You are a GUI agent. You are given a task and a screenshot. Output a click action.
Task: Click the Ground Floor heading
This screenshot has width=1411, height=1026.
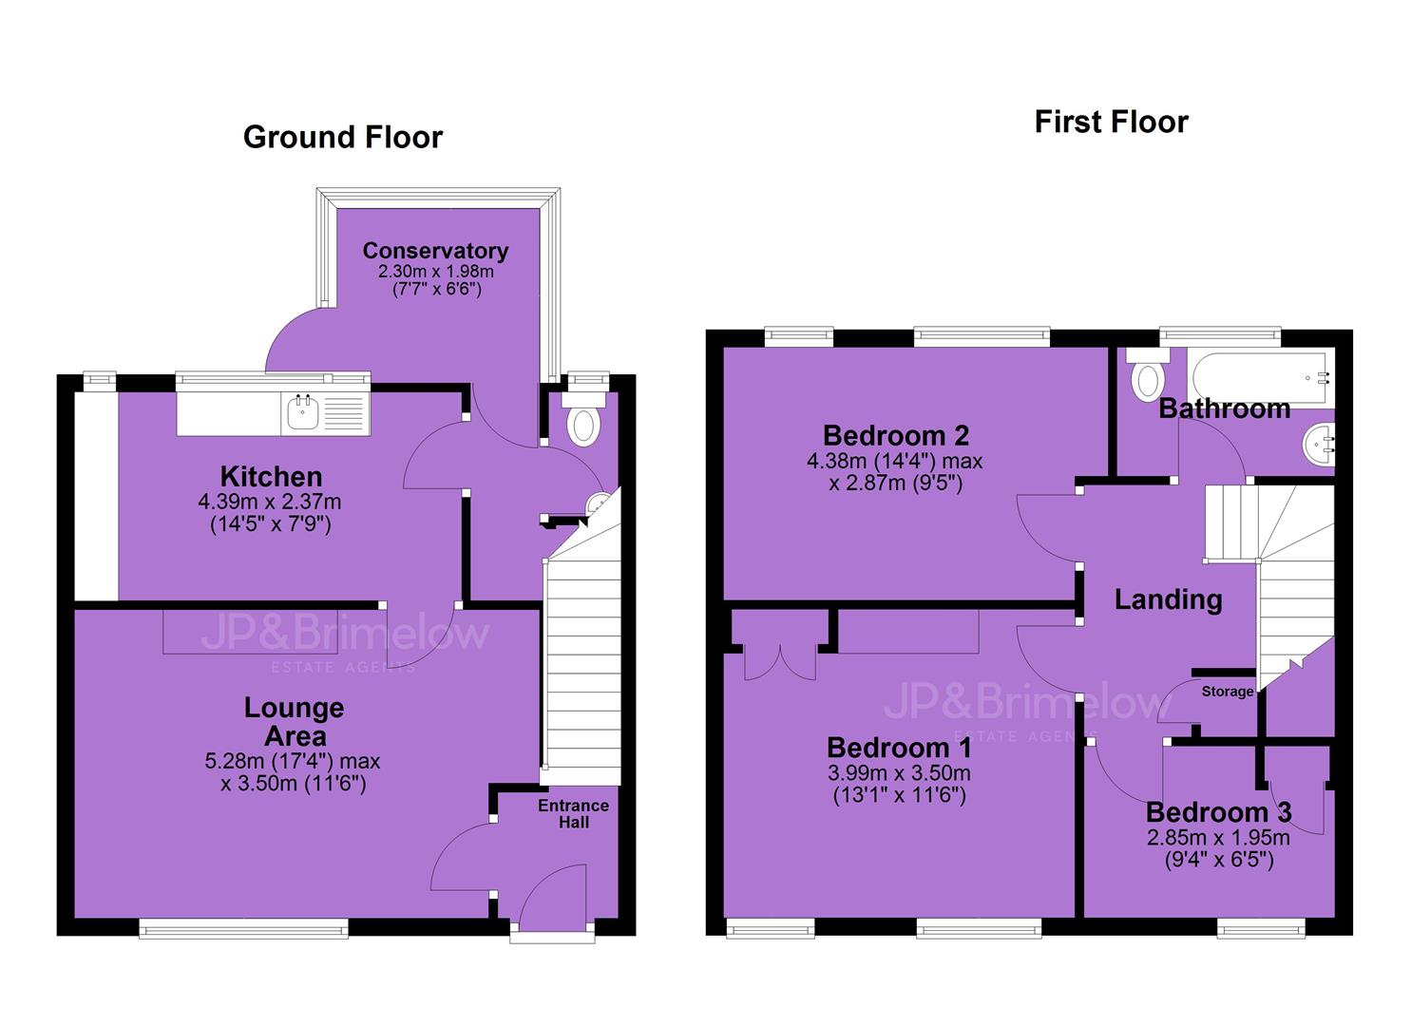[x=343, y=138]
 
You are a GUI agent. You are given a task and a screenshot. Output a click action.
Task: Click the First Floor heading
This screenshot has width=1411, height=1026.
[x=1111, y=122]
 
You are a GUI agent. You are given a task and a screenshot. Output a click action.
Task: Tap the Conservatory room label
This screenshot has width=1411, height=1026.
[x=435, y=251]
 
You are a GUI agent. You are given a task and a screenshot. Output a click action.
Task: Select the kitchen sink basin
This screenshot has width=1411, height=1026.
[x=302, y=412]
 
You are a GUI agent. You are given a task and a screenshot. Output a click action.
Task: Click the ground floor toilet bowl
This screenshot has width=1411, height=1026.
[x=582, y=427]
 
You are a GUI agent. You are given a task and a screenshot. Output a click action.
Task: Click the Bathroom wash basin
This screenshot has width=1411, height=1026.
[x=1318, y=443]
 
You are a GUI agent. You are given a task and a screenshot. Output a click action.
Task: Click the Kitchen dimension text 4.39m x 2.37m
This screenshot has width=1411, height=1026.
[x=270, y=502]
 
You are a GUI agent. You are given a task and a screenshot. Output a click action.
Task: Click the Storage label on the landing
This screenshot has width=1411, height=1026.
[x=1227, y=691]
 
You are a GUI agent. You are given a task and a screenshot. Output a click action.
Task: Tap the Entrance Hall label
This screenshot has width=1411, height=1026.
[x=573, y=814]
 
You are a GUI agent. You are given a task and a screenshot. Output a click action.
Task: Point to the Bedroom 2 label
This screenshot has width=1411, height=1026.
[x=896, y=435]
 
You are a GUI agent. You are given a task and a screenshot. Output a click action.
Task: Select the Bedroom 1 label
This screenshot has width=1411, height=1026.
[x=899, y=748]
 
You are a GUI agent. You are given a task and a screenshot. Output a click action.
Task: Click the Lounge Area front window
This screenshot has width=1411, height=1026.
[x=243, y=928]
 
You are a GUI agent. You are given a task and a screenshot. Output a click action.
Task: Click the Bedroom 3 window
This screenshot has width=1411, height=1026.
[x=1261, y=928]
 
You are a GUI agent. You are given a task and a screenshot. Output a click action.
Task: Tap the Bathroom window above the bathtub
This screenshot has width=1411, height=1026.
[x=1220, y=336]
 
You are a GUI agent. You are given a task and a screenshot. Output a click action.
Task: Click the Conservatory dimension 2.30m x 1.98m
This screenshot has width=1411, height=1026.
[x=435, y=272]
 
